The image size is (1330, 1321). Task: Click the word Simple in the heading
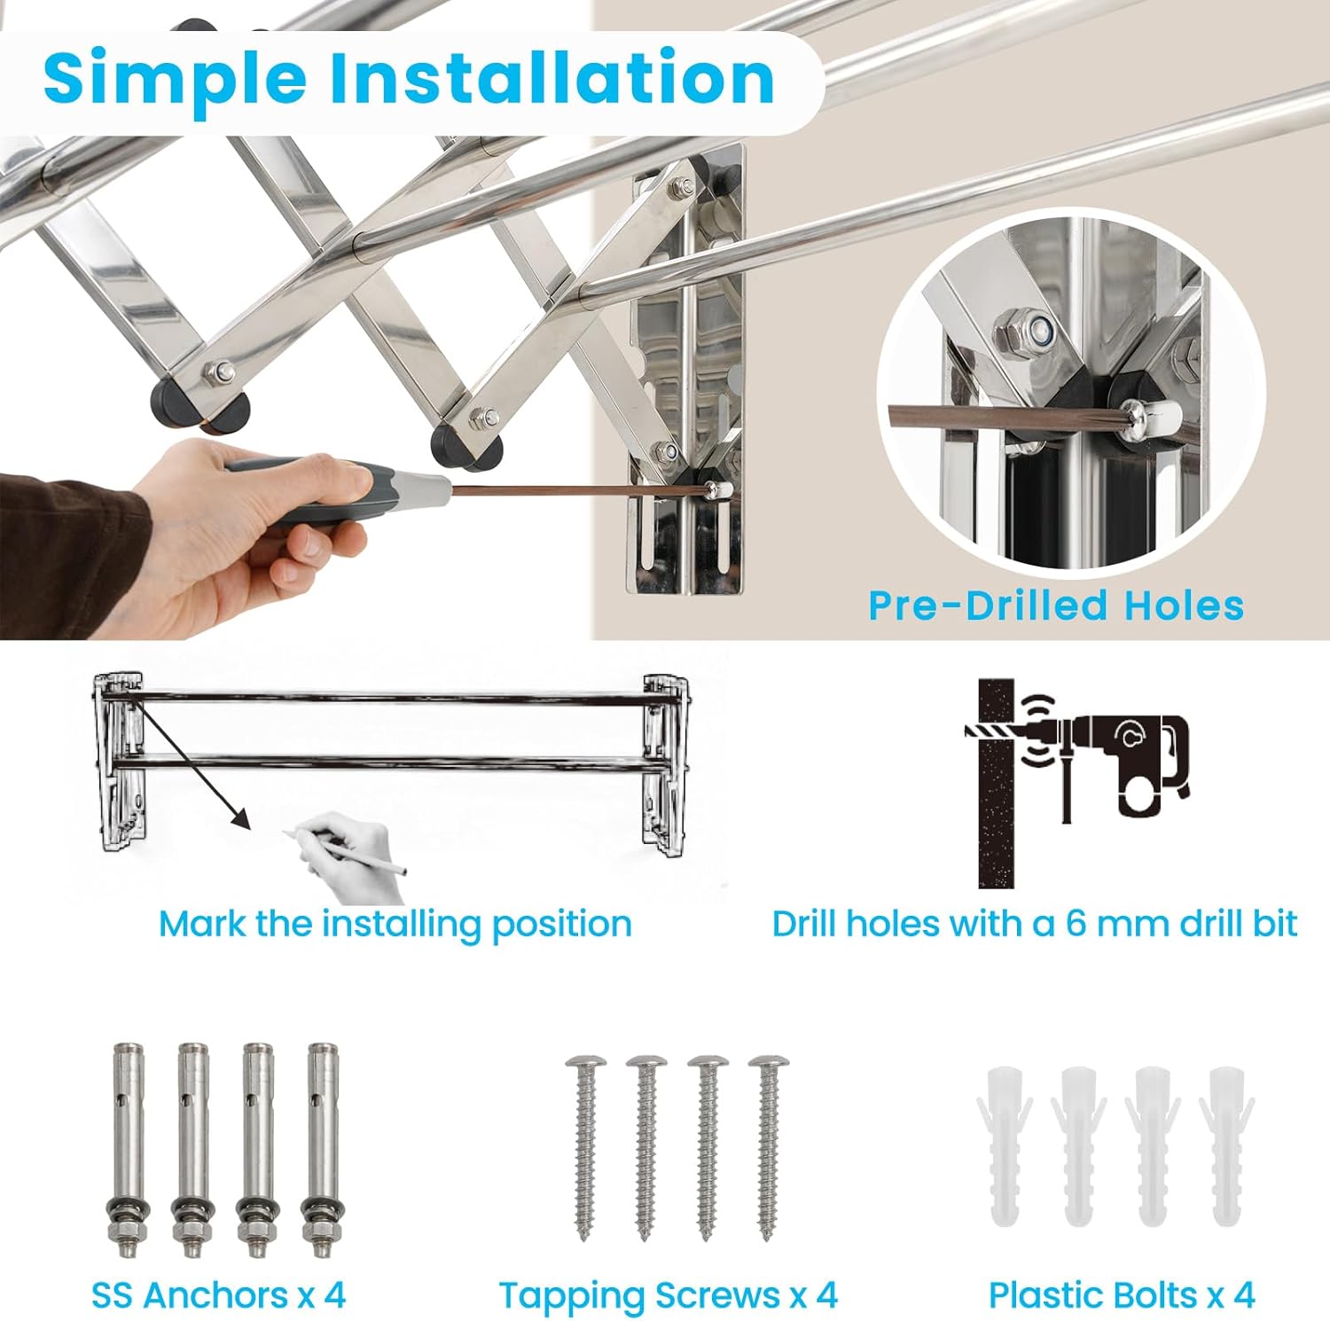tap(175, 78)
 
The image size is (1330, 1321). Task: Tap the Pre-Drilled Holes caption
tap(1056, 606)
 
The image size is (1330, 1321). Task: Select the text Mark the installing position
tap(395, 924)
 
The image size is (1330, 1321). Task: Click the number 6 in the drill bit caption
tap(1076, 924)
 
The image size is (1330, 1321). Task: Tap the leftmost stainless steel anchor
tap(129, 1151)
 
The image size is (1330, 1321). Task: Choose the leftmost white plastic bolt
tap(1005, 1146)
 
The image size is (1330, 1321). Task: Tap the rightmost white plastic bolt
tap(1227, 1146)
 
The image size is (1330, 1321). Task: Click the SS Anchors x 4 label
tap(218, 1295)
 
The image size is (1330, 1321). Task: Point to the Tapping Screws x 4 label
tap(668, 1296)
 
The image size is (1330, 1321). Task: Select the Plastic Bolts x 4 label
tap(1122, 1295)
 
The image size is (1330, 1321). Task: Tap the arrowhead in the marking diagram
tap(239, 818)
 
